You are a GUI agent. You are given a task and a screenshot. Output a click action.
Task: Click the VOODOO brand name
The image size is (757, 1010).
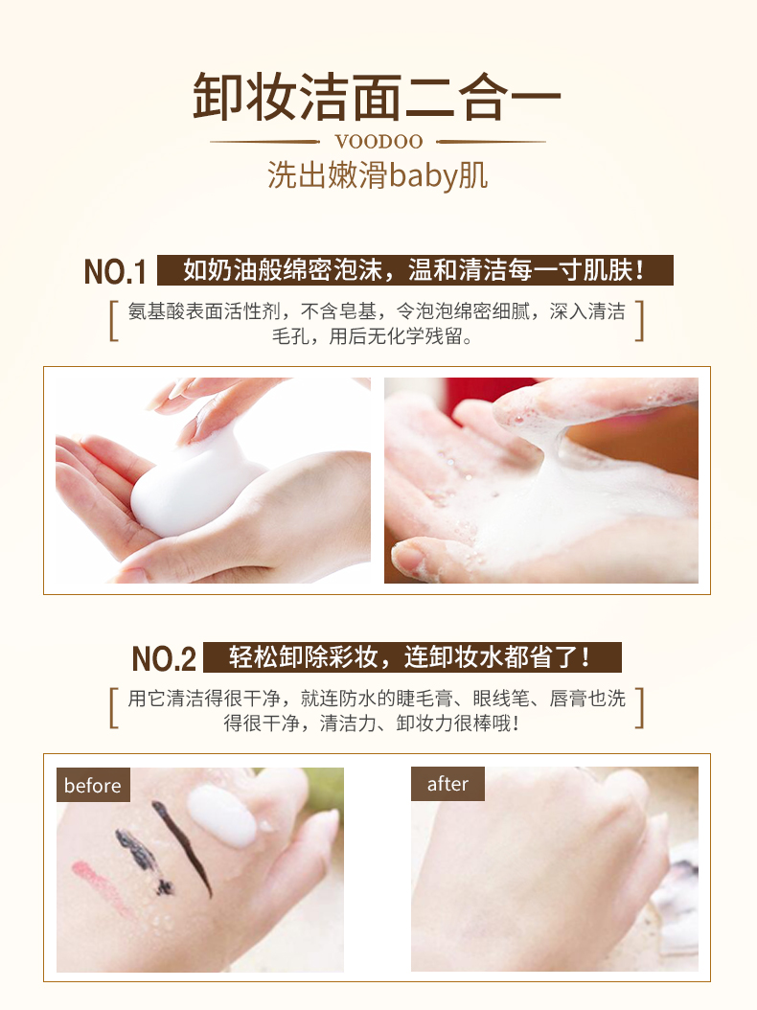point(378,142)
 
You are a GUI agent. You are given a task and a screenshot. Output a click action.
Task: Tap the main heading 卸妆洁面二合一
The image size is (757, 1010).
point(378,98)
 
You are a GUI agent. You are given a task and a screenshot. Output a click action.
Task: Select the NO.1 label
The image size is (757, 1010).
point(115,272)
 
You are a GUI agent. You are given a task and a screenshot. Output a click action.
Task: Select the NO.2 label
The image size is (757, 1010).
point(164,658)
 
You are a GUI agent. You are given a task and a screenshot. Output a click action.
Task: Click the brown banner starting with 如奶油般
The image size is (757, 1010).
point(416,270)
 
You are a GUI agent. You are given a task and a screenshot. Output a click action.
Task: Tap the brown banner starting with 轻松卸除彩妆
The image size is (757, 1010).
point(412,657)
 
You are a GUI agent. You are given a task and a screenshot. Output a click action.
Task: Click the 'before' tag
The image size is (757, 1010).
point(93,785)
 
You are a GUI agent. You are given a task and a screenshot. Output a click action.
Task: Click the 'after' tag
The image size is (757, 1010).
point(447,783)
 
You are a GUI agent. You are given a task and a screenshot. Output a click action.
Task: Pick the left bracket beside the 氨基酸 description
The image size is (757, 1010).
point(113,321)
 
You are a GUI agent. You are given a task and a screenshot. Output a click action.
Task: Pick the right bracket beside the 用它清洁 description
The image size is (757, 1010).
point(639,708)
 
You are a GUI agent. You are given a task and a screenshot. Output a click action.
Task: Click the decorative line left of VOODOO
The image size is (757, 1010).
point(264,142)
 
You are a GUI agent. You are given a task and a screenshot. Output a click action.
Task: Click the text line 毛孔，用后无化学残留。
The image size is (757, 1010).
point(373,336)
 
